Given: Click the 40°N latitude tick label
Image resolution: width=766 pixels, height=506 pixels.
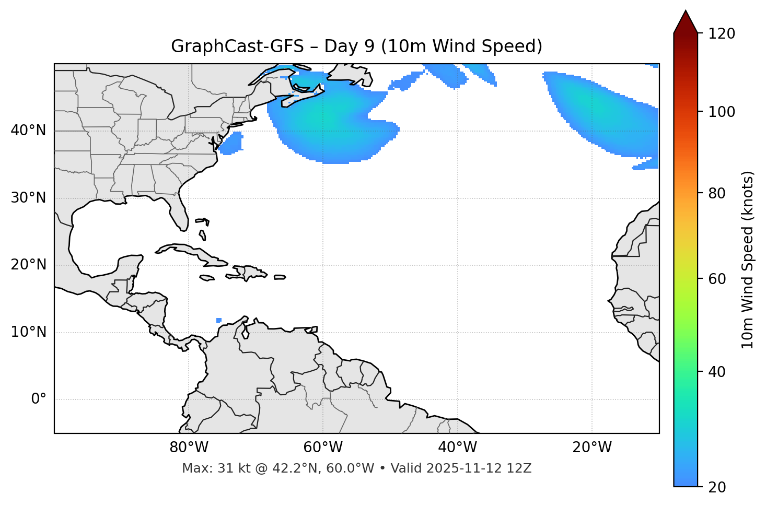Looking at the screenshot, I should pyautogui.click(x=28, y=131).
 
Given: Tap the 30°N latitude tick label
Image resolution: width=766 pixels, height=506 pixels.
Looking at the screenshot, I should pyautogui.click(x=28, y=198).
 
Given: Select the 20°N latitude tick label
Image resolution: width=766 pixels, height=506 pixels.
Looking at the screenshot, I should pyautogui.click(x=28, y=265).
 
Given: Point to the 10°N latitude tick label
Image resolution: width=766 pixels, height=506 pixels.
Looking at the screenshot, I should pyautogui.click(x=28, y=332).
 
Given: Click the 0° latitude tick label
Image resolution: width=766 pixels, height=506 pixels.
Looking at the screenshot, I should pyautogui.click(x=38, y=399).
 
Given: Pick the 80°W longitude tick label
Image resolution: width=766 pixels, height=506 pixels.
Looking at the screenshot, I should pyautogui.click(x=189, y=448).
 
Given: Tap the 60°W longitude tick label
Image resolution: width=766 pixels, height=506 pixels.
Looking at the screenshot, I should pyautogui.click(x=323, y=448).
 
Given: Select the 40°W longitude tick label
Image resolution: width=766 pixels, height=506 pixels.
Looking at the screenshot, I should pyautogui.click(x=457, y=448).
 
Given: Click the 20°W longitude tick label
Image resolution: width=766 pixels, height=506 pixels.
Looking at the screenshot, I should pyautogui.click(x=591, y=448).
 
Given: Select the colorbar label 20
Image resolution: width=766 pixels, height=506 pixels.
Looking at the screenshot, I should pyautogui.click(x=717, y=487).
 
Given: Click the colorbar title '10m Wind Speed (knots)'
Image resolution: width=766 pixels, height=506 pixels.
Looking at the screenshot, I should pyautogui.click(x=748, y=260).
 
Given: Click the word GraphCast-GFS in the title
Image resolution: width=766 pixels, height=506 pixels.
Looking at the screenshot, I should pyautogui.click(x=237, y=46).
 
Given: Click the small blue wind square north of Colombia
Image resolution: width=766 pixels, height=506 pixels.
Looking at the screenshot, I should pyautogui.click(x=218, y=320).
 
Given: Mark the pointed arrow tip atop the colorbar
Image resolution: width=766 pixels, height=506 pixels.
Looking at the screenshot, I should pyautogui.click(x=686, y=11).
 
